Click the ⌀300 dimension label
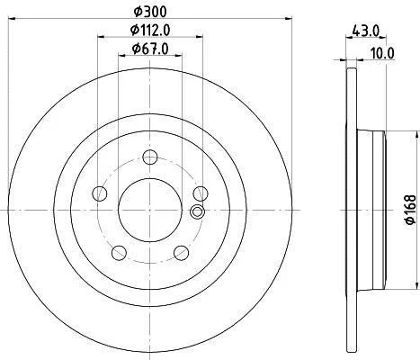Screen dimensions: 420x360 [x=150, y=12]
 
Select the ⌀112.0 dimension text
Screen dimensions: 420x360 [x=150, y=30]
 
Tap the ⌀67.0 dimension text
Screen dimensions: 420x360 [x=150, y=49]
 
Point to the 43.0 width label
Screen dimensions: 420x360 [x=366, y=31]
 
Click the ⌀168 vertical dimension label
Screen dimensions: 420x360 [x=411, y=210]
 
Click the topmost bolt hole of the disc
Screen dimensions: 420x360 [x=150, y=157]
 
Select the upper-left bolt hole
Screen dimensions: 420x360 [x=100, y=193]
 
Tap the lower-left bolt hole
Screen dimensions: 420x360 [x=119, y=253]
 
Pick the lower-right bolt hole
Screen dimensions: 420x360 [x=181, y=253]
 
